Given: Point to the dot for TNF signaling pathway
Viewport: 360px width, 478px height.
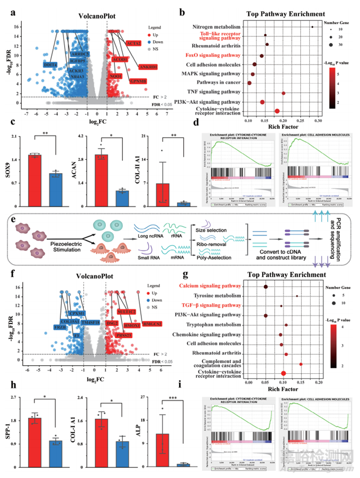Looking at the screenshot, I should pyautogui.click(x=283, y=93).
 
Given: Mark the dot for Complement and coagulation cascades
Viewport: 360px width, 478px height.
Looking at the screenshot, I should pyautogui.click(x=301, y=364).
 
